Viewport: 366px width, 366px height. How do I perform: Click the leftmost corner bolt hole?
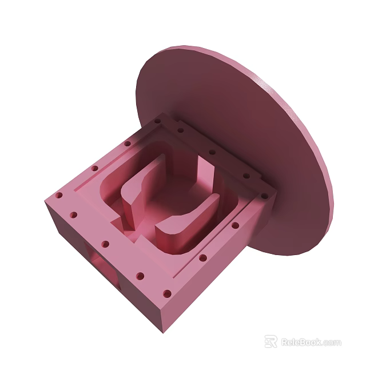[x=58, y=196]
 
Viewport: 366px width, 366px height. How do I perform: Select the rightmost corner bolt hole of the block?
[x=265, y=194]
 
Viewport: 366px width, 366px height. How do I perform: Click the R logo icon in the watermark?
[x=270, y=342]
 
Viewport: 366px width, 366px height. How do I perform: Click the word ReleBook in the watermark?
[x=301, y=342]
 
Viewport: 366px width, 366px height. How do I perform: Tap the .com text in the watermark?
[x=332, y=343]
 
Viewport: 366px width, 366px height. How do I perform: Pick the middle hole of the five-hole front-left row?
[x=105, y=244]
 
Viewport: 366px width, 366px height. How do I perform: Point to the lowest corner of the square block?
[x=162, y=331]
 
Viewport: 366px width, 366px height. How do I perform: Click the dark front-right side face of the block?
[x=212, y=274]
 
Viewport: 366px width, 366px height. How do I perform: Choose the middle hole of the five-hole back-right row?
[x=212, y=153]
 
